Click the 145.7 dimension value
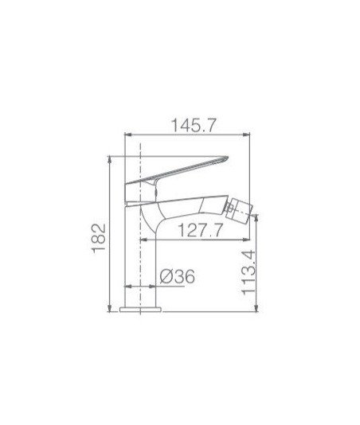coord(194,126)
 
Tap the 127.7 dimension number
coord(201,230)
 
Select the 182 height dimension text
coord(99,238)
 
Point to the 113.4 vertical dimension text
coord(248,273)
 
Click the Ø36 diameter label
coord(177,276)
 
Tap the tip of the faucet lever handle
coord(227,157)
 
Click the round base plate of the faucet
coord(140,310)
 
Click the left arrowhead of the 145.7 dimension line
coord(127,135)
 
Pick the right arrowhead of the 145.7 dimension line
coord(246,135)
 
